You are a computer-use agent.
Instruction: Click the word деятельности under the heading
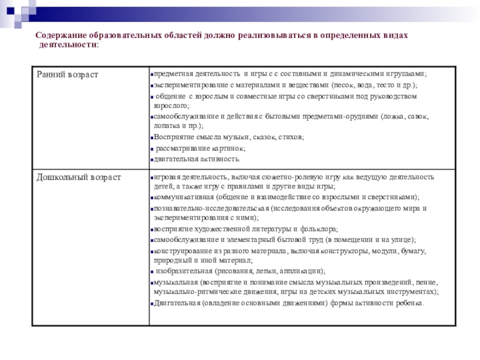point(67,45)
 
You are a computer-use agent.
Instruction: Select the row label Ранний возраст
point(67,74)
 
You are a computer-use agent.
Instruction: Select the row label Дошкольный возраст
point(79,178)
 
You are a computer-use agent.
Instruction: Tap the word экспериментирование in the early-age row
point(187,85)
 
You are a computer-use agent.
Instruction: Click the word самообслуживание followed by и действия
point(182,116)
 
